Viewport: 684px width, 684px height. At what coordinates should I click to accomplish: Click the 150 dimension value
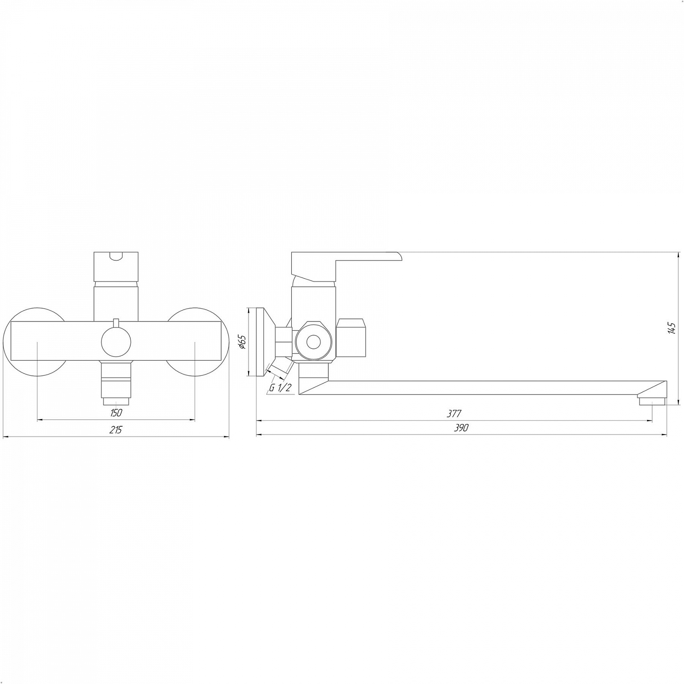click(116, 413)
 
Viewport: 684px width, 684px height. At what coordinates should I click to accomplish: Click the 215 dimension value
click(116, 430)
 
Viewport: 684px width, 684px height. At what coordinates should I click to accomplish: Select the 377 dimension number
click(455, 414)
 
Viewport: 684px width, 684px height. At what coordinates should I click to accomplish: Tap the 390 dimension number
click(461, 428)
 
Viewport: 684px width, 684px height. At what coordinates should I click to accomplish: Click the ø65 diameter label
click(242, 342)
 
